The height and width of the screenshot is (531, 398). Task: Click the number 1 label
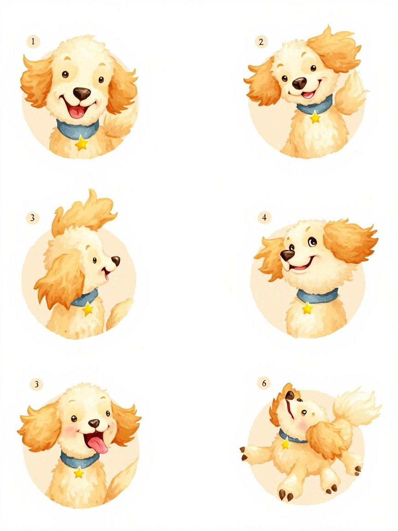[x=33, y=41]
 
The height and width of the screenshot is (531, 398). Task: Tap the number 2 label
[x=261, y=42]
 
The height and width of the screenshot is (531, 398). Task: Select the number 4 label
[x=264, y=218]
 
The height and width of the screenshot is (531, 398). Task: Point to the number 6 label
[x=264, y=383]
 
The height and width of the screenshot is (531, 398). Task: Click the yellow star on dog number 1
[x=82, y=143]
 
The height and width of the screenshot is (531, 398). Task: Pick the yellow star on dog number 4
[x=307, y=308]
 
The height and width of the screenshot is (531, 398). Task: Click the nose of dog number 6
[x=290, y=395]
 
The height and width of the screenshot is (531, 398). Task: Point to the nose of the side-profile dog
[x=116, y=260]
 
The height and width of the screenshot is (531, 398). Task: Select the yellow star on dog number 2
[x=315, y=117]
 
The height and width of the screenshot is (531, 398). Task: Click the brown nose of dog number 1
[x=82, y=94]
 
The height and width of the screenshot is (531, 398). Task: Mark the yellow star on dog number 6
[x=285, y=443]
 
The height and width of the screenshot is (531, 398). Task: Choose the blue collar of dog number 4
[x=317, y=295]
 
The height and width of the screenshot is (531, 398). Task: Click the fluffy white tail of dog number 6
[x=356, y=408]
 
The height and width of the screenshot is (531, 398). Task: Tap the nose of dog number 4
[x=287, y=255]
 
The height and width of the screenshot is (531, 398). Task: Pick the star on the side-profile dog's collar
[x=88, y=308]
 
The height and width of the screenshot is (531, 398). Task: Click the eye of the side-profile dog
[x=94, y=260]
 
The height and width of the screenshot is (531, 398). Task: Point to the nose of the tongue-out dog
[x=94, y=423]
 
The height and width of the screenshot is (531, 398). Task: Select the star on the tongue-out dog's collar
[x=79, y=472]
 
